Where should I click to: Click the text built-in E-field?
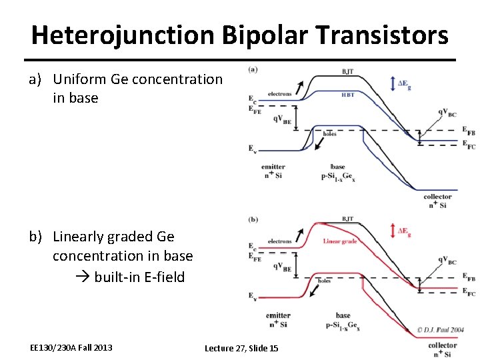pyautogui.click(x=139, y=276)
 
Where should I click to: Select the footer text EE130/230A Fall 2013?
pyautogui.click(x=71, y=347)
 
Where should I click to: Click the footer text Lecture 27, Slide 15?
pyautogui.click(x=241, y=348)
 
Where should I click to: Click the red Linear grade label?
pyautogui.click(x=340, y=241)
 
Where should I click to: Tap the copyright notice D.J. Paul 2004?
pyautogui.click(x=441, y=329)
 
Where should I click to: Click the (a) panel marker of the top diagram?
pyautogui.click(x=253, y=69)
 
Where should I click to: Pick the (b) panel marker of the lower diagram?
pyautogui.click(x=253, y=219)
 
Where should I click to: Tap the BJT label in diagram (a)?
pyautogui.click(x=348, y=70)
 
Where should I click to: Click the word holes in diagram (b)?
pyautogui.click(x=324, y=281)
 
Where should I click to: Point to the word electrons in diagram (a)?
pyautogui.click(x=279, y=94)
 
